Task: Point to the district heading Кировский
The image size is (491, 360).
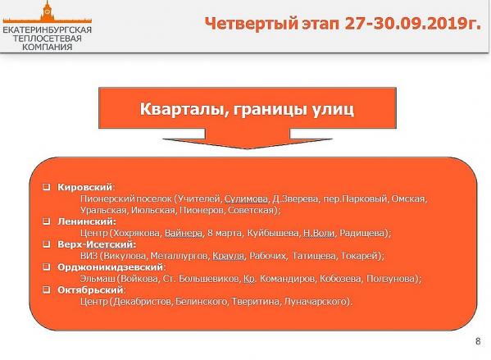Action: pyautogui.click(x=85, y=187)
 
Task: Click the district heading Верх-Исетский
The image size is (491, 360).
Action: pyautogui.click(x=97, y=244)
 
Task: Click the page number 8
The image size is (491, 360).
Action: pyautogui.click(x=478, y=341)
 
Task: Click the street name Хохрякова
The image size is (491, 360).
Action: pyautogui.click(x=138, y=233)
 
